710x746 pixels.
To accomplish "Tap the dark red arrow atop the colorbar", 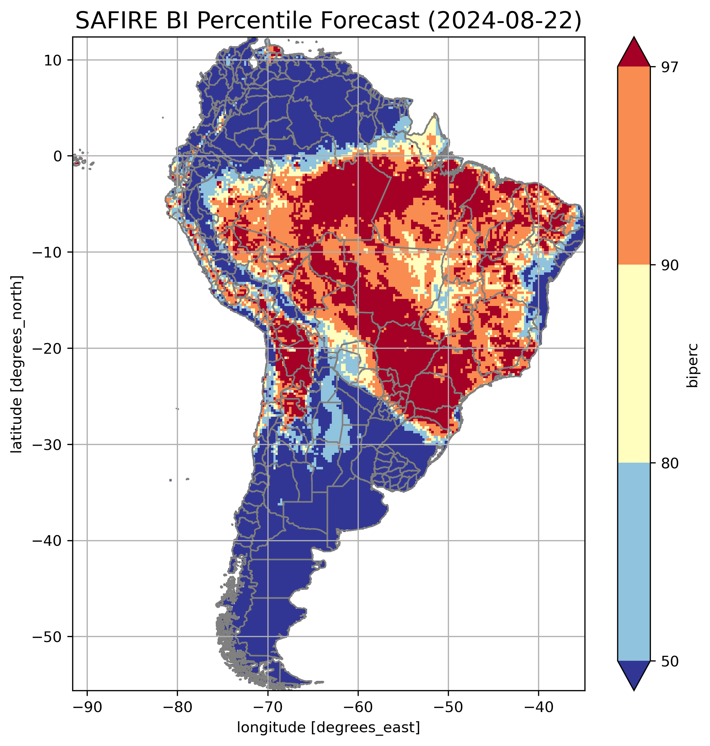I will [x=634, y=53].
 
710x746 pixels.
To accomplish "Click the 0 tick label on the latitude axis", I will [x=58, y=156].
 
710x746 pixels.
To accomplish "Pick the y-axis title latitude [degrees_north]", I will [x=17, y=364].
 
